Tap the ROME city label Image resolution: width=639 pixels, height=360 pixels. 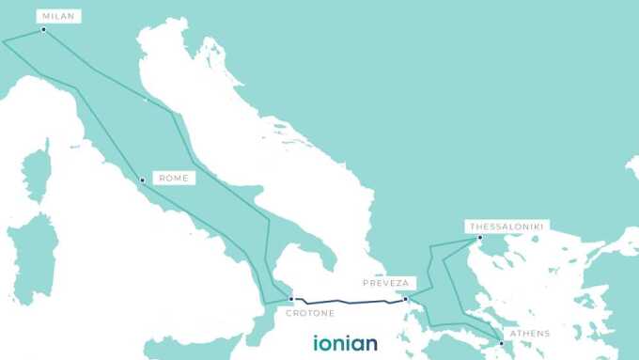174,178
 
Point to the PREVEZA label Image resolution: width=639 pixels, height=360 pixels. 386,282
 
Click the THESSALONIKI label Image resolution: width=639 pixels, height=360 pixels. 507,226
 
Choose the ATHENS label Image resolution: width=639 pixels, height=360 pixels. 530,334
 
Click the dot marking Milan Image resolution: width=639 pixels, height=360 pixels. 43,29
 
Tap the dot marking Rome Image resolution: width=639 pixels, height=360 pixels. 142,180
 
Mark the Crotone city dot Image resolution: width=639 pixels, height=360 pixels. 291,299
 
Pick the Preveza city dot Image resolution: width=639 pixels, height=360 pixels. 405,300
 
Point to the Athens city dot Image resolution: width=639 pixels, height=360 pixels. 502,343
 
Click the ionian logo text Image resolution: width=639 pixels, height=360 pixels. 345,342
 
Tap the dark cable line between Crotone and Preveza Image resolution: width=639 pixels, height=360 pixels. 348,303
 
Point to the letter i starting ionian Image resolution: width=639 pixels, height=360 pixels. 317,342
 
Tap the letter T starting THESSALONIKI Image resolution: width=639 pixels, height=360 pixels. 470,226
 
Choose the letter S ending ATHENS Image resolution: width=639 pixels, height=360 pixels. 547,334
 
